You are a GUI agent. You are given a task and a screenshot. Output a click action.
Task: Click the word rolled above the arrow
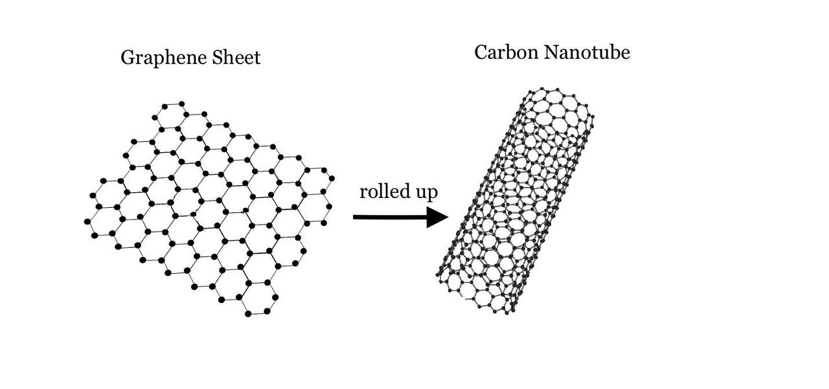(383, 192)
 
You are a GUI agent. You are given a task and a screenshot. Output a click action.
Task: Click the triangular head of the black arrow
(437, 217)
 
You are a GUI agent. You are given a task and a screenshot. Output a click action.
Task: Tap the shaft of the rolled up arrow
(389, 217)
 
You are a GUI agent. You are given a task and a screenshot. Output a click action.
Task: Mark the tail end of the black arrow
(355, 217)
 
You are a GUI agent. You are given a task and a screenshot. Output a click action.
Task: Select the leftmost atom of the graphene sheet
(87, 221)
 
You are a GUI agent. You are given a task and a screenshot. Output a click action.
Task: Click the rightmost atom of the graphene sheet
(332, 178)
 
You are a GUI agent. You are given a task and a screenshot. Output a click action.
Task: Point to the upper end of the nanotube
(557, 104)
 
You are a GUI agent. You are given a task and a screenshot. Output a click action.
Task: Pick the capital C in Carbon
(481, 52)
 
